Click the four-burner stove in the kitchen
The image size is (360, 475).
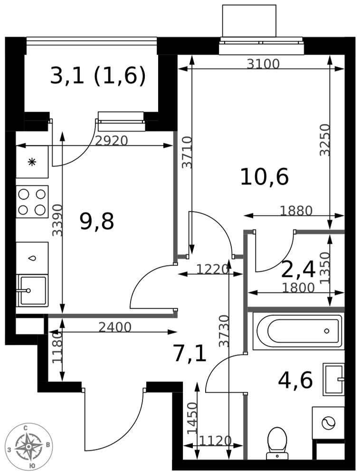(32, 201)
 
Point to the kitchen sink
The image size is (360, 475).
(32, 291)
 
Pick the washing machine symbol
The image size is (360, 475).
(328, 423)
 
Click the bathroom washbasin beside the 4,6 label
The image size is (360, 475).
(334, 379)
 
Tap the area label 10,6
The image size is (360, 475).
(265, 177)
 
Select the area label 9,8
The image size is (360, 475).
(96, 221)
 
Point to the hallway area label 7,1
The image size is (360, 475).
(190, 354)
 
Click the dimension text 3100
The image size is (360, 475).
(263, 64)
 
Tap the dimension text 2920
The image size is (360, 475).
(112, 141)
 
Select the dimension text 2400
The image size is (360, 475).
(115, 327)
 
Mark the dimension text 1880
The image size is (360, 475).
(296, 210)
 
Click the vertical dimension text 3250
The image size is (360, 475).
(325, 140)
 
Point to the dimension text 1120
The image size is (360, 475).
(216, 440)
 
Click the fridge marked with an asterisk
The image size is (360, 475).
(32, 162)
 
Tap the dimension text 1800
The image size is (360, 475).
(298, 288)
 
